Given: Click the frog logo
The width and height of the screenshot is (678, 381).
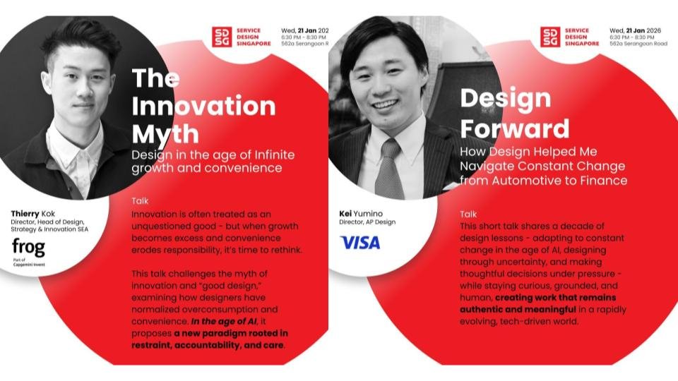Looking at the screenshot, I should coord(28,247).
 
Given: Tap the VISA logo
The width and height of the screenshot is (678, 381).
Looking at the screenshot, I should coord(360,243).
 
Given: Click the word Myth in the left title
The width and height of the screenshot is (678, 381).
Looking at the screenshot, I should coord(165,133).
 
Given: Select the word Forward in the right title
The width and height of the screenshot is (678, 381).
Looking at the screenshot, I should coord(514,128).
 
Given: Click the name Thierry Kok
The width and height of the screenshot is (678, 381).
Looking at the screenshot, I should coord(34,212).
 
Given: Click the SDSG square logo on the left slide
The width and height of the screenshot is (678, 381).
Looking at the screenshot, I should coord(222,37).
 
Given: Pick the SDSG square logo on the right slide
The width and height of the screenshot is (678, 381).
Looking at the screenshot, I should coord(550,37).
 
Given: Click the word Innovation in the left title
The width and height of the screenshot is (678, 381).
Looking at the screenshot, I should coord(203,106).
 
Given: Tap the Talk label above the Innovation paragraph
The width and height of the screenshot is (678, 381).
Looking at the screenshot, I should coord(140,201).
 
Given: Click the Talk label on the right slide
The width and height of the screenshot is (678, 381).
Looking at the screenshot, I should coord(468,213).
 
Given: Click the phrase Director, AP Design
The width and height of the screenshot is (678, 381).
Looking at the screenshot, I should coord(368,222).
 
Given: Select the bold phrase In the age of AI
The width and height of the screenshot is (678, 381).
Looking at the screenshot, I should coord(220,322).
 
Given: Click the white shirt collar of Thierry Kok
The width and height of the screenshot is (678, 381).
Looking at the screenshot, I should coord(79,145).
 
